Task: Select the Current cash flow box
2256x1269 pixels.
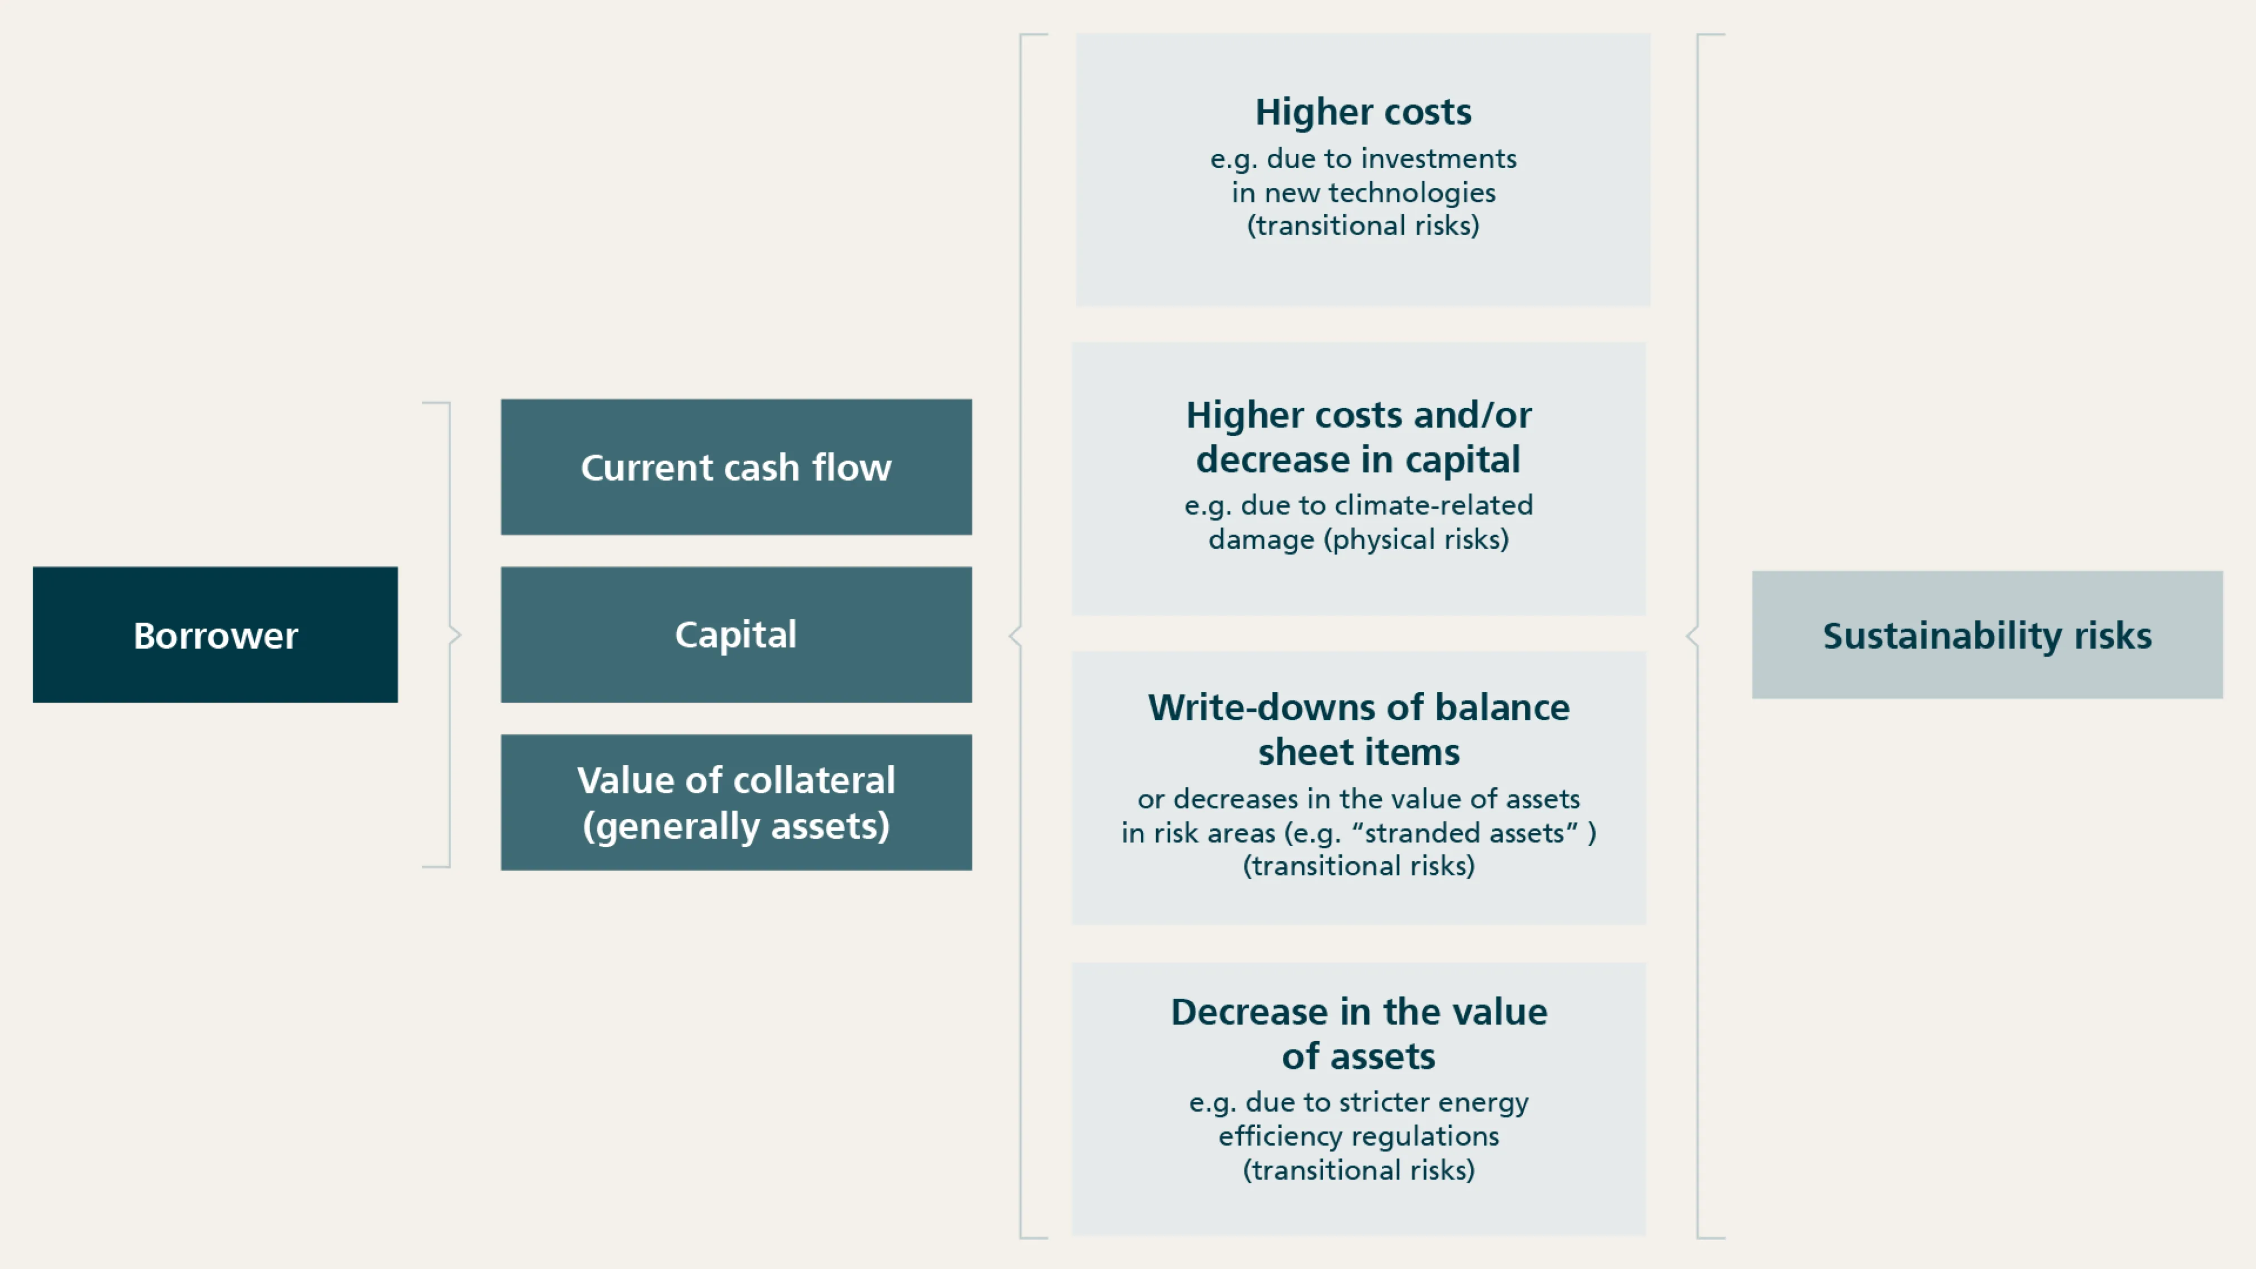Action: click(x=735, y=467)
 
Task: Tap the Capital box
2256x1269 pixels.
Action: click(x=735, y=634)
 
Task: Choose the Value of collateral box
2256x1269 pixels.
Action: click(x=735, y=801)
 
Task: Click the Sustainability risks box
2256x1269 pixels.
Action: click(x=1986, y=635)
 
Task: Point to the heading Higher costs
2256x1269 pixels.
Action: click(x=1363, y=112)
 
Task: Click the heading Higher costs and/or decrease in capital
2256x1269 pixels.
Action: click(x=1358, y=437)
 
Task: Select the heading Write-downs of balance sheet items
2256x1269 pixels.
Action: click(x=1358, y=729)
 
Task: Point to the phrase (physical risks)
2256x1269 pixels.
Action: click(x=1416, y=540)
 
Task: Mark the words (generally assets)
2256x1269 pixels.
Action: click(x=735, y=826)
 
